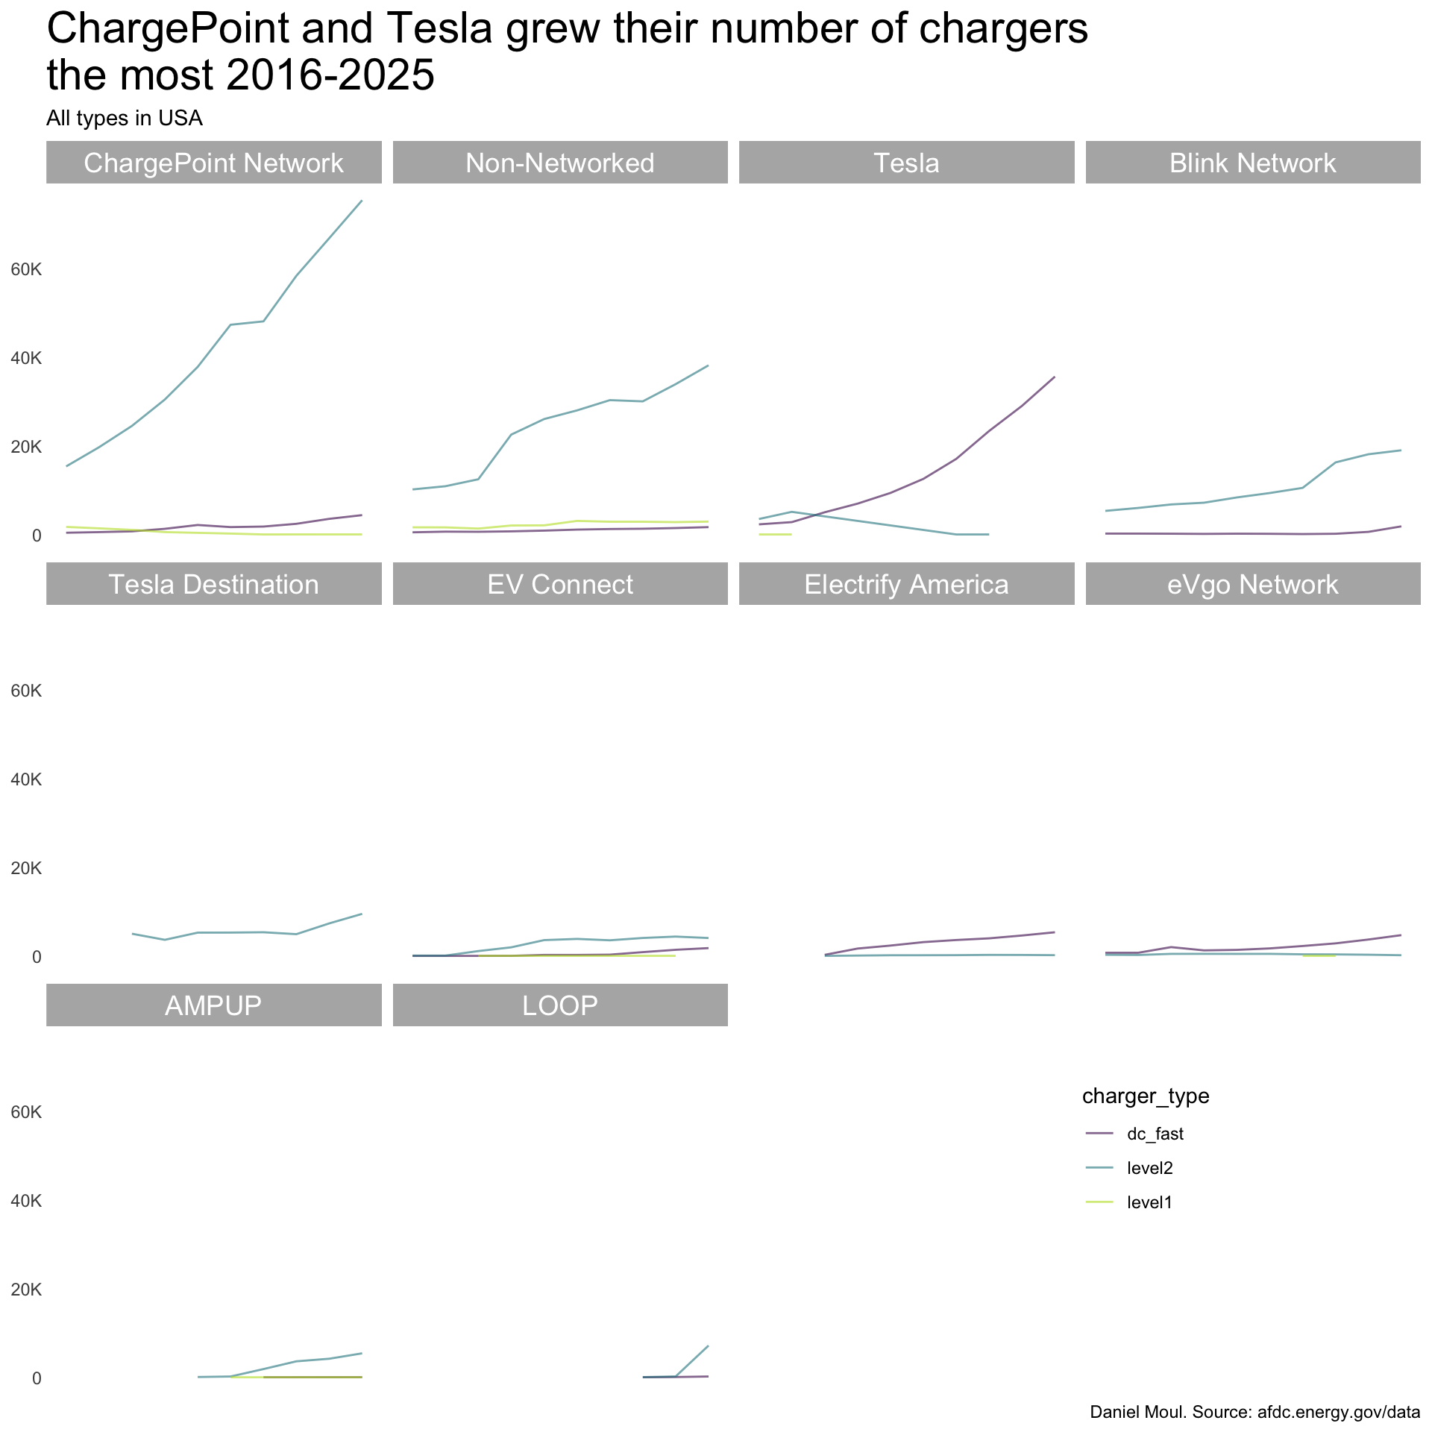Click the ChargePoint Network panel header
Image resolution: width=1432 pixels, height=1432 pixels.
pyautogui.click(x=213, y=163)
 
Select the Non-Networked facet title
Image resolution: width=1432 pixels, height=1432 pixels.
pyautogui.click(x=559, y=163)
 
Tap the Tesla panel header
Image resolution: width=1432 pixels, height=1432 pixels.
pyautogui.click(x=906, y=163)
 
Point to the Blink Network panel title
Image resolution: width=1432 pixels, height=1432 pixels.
pyautogui.click(x=1252, y=163)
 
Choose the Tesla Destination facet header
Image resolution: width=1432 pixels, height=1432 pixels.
pyautogui.click(x=213, y=584)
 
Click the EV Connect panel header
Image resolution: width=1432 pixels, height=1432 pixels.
pyautogui.click(x=559, y=584)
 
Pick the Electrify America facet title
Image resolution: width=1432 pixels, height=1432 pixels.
pyautogui.click(x=906, y=584)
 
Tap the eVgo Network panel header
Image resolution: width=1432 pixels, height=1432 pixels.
pyautogui.click(x=1252, y=584)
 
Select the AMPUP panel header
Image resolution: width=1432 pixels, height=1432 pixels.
pyautogui.click(x=213, y=1005)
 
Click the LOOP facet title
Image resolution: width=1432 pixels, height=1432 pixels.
pyautogui.click(x=559, y=1005)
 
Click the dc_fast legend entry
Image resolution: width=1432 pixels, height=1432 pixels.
pyautogui.click(x=1155, y=1134)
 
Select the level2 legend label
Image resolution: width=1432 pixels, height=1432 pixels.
pyautogui.click(x=1149, y=1168)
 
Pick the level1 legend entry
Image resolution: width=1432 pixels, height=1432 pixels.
pyautogui.click(x=1149, y=1202)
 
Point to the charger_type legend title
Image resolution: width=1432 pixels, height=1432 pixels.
pyautogui.click(x=1145, y=1096)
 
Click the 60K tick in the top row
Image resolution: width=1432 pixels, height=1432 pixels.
pyautogui.click(x=26, y=269)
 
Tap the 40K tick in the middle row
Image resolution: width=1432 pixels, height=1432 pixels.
pyautogui.click(x=26, y=779)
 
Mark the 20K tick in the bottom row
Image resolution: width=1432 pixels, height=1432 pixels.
pyautogui.click(x=26, y=1290)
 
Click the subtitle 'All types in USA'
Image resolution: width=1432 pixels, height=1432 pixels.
pyautogui.click(x=125, y=118)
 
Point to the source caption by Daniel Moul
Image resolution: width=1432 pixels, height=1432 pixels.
pyautogui.click(x=1254, y=1412)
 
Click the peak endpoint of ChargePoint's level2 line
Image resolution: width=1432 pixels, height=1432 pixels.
pyautogui.click(x=362, y=200)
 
